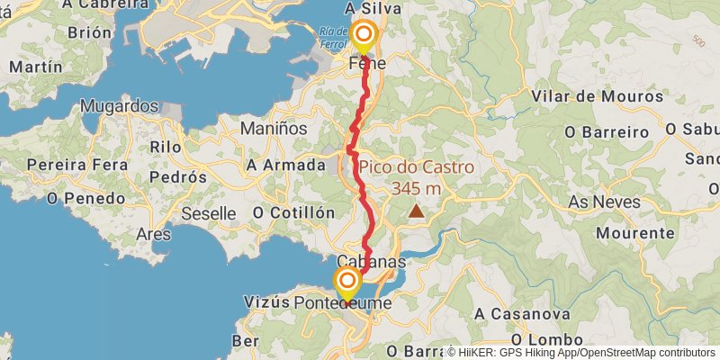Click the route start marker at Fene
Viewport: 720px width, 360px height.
(x=364, y=35)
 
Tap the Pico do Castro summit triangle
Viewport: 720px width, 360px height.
(x=416, y=211)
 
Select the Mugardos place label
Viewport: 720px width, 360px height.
(x=120, y=106)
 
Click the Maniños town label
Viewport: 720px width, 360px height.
(x=274, y=129)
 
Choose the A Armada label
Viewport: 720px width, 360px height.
(x=285, y=165)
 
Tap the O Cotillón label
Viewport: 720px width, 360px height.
(x=293, y=212)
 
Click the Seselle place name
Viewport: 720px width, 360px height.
(x=208, y=213)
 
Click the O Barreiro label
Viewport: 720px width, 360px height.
(x=607, y=131)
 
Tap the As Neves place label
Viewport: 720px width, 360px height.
(x=604, y=202)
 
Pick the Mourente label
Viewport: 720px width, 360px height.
(x=634, y=232)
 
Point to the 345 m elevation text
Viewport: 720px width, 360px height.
(x=416, y=188)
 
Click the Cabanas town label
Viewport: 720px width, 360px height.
(x=372, y=261)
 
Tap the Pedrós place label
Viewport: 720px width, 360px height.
(x=178, y=177)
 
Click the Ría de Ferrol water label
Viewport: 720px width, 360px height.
(x=332, y=37)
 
